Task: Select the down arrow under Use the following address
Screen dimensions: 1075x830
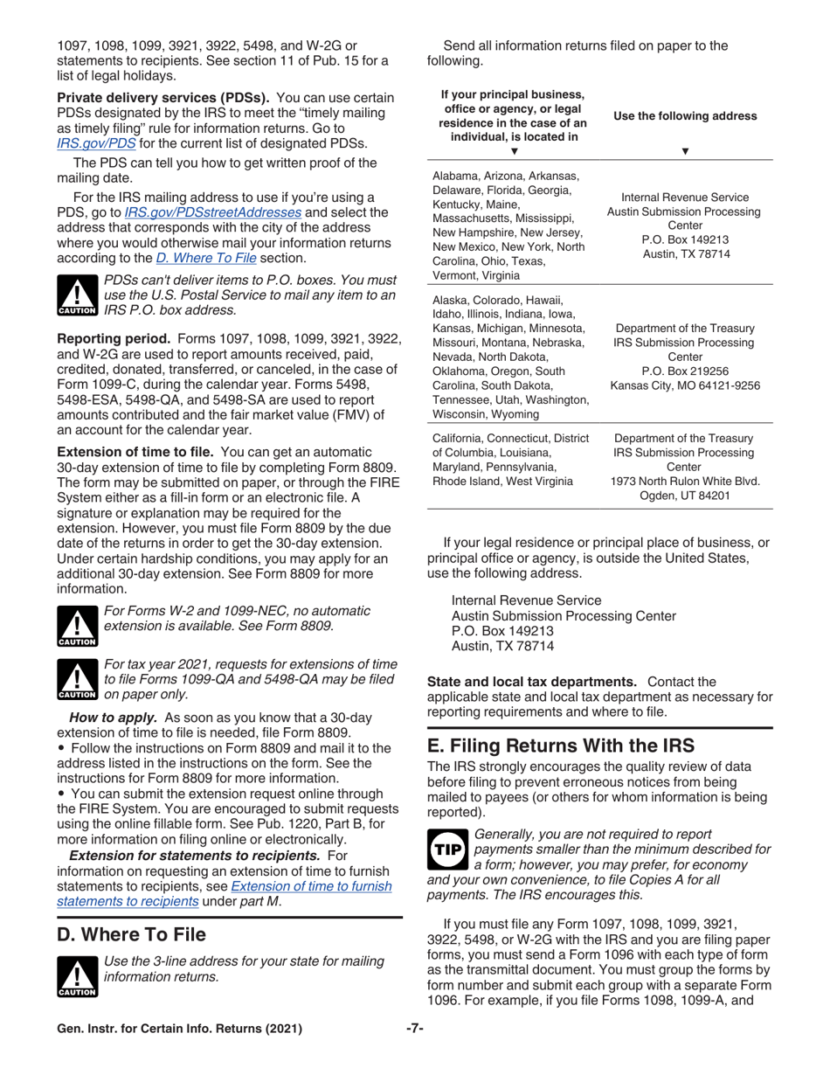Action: [686, 149]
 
